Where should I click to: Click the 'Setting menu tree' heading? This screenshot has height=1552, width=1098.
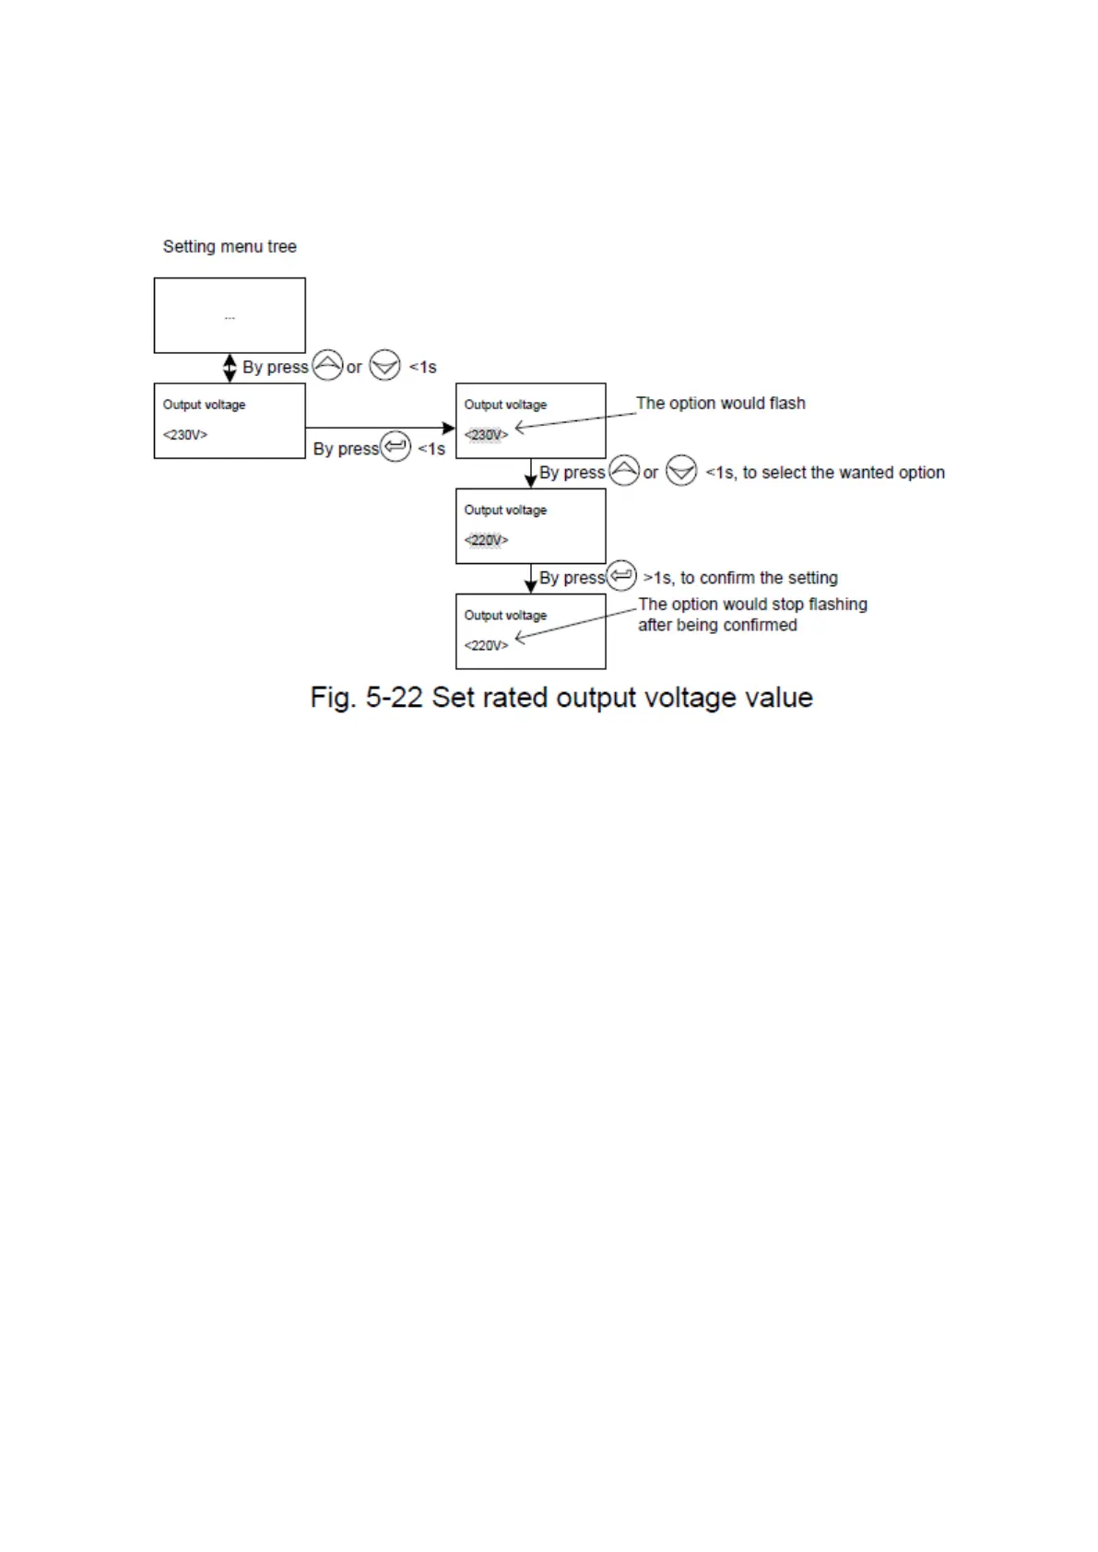pos(230,246)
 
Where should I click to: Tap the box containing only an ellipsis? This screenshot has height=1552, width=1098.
pos(230,315)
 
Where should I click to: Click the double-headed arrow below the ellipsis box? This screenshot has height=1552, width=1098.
pos(230,368)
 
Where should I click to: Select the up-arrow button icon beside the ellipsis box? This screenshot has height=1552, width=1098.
pos(327,366)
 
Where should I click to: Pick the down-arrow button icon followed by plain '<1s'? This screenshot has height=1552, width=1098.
pos(384,366)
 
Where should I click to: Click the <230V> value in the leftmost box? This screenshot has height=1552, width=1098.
pos(185,435)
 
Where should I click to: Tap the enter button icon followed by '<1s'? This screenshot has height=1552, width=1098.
pos(396,448)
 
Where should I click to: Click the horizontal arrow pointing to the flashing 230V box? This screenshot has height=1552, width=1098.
pos(380,428)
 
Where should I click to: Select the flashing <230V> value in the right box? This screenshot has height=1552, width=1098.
pos(486,435)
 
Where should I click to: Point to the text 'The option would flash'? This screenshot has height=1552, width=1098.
pos(720,403)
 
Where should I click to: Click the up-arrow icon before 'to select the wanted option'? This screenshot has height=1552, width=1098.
pos(624,471)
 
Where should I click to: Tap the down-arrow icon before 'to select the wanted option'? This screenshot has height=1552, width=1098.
pos(681,471)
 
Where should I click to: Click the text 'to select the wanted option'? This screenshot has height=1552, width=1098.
pos(844,472)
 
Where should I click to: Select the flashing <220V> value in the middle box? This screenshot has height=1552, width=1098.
pos(486,540)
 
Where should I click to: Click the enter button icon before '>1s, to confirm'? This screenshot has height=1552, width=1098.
pos(621,576)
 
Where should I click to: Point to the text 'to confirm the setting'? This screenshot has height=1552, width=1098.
pos(759,578)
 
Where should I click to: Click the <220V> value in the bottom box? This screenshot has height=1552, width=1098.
pos(486,645)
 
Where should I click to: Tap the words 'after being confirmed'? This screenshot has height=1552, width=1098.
pos(717,625)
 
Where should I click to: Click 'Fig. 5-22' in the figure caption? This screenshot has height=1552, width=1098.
pos(366,698)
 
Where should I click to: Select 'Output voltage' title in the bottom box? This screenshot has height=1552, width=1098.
pos(505,615)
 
